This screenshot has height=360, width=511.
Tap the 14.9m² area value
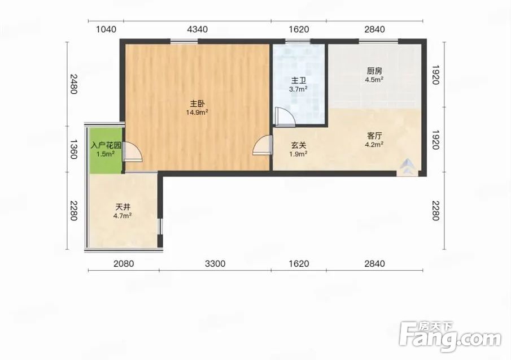coord(197,112)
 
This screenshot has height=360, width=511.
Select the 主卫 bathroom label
coord(299,81)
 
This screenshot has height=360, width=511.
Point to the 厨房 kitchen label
coord(374,71)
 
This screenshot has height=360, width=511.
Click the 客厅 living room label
coord(374,136)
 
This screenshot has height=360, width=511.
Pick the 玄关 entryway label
coord(299,145)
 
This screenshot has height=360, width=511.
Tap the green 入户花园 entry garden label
coord(106,145)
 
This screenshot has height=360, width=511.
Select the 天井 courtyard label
coord(123,207)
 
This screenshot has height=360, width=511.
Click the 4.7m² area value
coord(123,215)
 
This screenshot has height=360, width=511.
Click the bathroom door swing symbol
coord(285,117)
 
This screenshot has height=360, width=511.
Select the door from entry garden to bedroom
coord(132,152)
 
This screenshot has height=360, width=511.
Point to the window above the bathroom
coord(298,41)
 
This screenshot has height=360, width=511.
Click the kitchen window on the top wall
coord(379,41)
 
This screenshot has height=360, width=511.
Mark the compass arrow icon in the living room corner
coord(407,167)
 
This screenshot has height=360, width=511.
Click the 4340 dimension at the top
coord(197,29)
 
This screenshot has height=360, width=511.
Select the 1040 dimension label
coord(106,29)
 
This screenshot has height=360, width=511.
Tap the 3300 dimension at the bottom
coord(215,263)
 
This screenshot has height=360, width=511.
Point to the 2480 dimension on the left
coord(74,84)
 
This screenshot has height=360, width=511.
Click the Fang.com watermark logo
coord(450,336)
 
